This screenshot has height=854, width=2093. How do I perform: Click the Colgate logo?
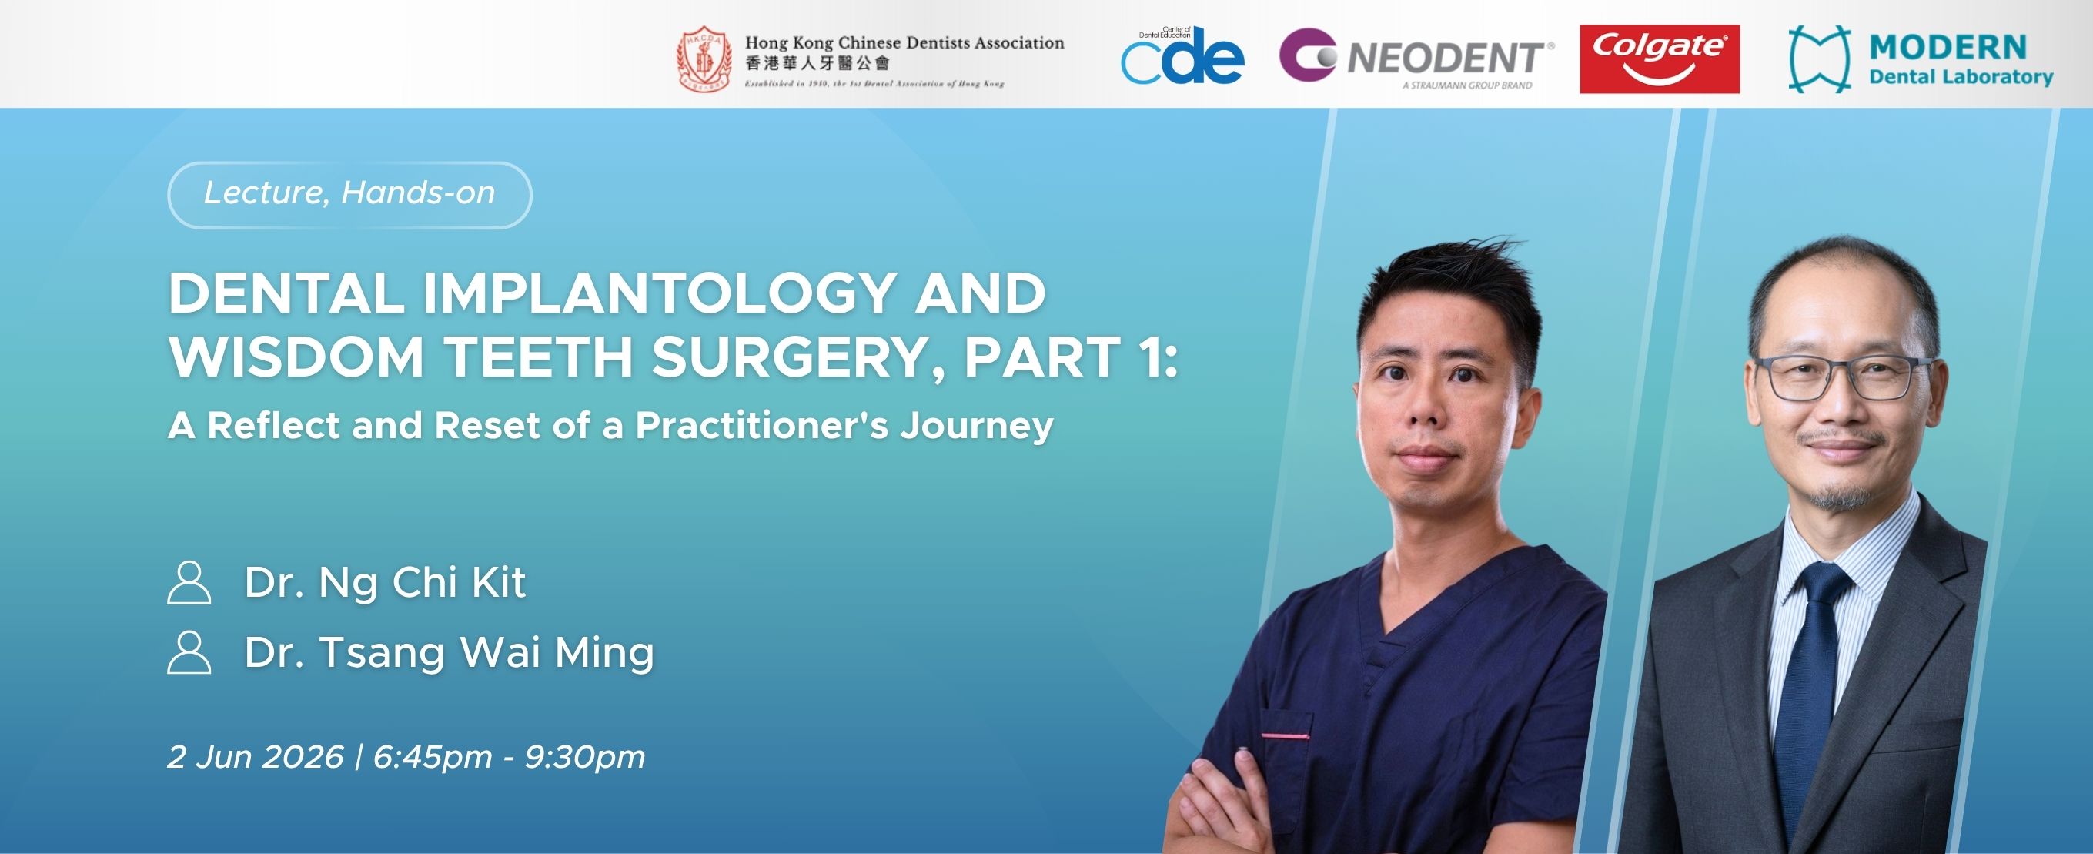[1659, 59]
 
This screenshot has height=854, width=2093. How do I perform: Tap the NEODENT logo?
[1417, 59]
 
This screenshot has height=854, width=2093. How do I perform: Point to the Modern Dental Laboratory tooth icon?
[1820, 59]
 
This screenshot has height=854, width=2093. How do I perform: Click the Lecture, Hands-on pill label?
[349, 194]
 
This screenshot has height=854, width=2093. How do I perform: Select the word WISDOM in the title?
[296, 357]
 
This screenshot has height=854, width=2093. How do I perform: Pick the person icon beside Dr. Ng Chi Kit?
[189, 583]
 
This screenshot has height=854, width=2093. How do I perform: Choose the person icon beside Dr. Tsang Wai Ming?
[189, 652]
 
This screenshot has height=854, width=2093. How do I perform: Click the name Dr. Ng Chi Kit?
[385, 583]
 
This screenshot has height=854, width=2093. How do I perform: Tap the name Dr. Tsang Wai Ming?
[450, 652]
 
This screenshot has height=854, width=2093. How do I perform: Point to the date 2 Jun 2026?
[255, 757]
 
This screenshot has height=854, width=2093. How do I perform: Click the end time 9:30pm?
[585, 757]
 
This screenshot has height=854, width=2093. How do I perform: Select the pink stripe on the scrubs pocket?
[1286, 736]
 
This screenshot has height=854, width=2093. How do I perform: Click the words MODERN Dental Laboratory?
[1961, 60]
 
